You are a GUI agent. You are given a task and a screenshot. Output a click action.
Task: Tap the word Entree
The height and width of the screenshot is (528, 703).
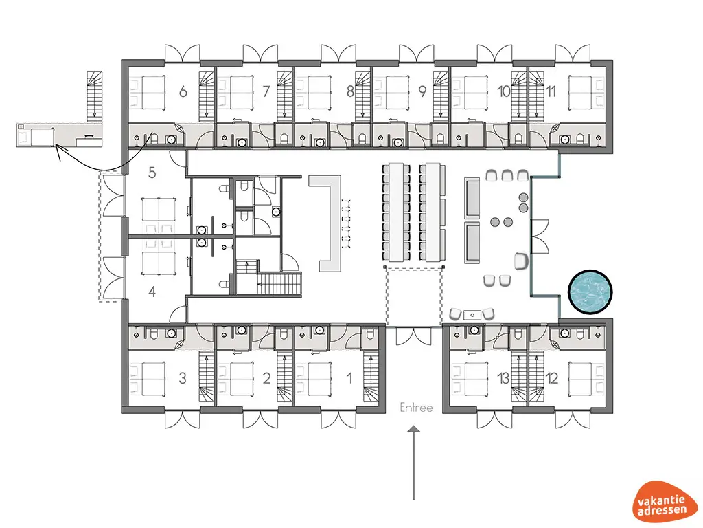tap(417, 408)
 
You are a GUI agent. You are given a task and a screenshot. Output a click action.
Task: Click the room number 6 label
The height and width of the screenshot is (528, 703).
tap(183, 91)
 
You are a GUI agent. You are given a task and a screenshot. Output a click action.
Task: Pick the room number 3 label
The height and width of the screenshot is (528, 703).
tap(183, 377)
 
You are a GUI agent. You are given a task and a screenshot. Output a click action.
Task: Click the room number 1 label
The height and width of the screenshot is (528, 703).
tap(349, 377)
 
